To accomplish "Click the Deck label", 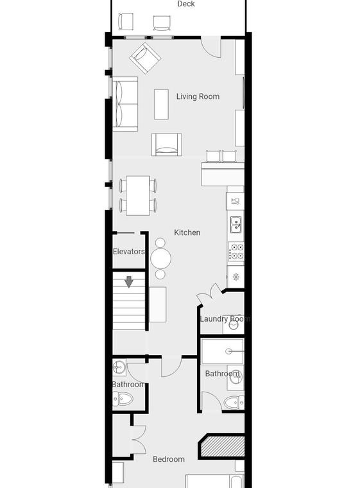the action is [x=186, y=4].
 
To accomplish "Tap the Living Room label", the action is [x=198, y=96].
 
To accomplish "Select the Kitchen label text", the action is [x=187, y=232].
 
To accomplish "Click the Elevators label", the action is [x=129, y=252].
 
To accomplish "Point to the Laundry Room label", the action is [x=225, y=319].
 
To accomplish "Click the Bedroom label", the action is [x=169, y=459].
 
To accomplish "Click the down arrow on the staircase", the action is [x=129, y=282].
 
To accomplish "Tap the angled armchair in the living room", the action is [x=145, y=58].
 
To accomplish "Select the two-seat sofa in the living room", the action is [x=125, y=104].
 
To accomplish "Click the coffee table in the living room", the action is [x=161, y=104].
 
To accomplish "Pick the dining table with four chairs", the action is [x=138, y=195].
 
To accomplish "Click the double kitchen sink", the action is [x=236, y=225].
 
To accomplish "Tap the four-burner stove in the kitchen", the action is [x=236, y=252].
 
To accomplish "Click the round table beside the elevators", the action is [x=160, y=259].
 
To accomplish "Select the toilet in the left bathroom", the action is [x=123, y=399].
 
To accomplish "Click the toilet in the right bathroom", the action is [x=234, y=403].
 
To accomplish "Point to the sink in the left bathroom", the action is [x=119, y=368].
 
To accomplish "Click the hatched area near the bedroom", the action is [x=221, y=446].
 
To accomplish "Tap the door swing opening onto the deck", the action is [x=210, y=47].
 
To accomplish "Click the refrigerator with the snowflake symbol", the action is [x=236, y=277].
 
